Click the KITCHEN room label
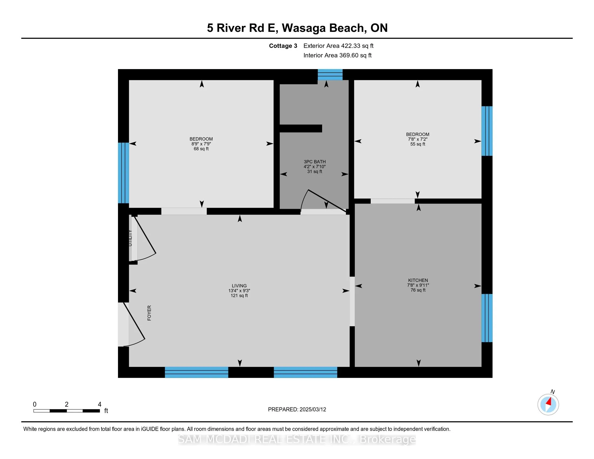(418, 280)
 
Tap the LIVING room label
(239, 286)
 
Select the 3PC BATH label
(315, 162)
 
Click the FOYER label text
(149, 313)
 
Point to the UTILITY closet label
(130, 238)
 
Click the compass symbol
(548, 404)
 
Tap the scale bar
(67, 411)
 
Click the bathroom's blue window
(330, 75)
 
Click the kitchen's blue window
(487, 318)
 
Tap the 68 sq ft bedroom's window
(123, 173)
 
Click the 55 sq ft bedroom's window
(487, 131)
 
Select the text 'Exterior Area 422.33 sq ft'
(338, 46)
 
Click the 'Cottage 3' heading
(283, 46)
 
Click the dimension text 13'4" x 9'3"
(239, 291)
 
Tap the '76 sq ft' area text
(418, 290)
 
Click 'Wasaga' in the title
(303, 28)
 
